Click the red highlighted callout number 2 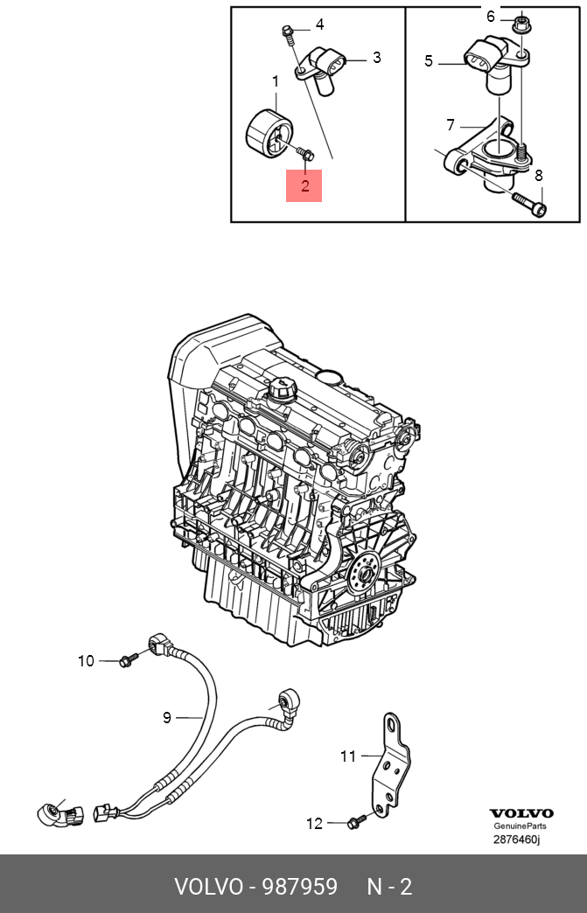304,185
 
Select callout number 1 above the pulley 275,82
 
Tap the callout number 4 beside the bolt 320,24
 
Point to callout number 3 376,58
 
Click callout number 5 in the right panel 429,60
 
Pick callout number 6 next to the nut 491,16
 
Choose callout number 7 451,124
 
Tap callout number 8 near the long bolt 539,176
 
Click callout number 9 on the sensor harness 167,718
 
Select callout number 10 86,661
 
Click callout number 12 314,823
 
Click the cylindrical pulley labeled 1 265,136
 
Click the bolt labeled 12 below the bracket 356,822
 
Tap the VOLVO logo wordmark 521,813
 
